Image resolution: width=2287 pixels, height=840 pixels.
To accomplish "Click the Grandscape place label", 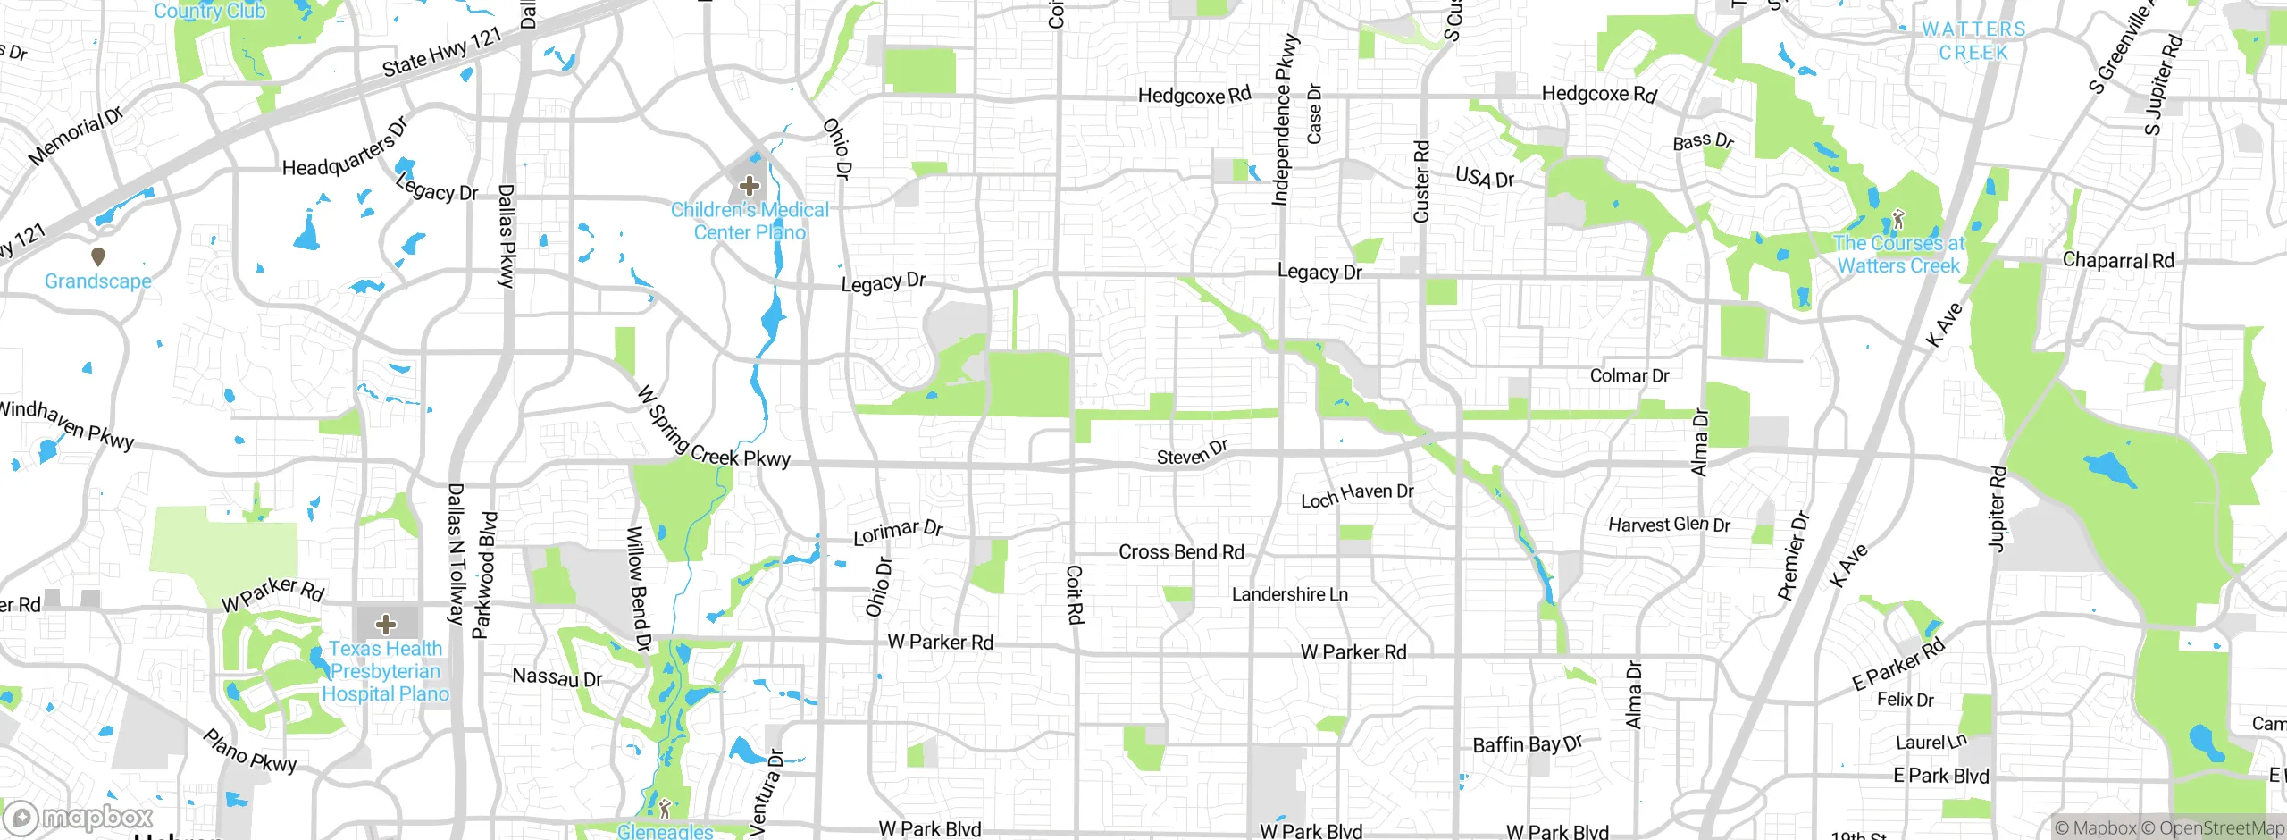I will tap(98, 281).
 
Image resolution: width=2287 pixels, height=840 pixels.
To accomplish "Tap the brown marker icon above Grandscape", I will tap(98, 257).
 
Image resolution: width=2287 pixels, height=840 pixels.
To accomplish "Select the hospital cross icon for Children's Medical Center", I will tap(749, 186).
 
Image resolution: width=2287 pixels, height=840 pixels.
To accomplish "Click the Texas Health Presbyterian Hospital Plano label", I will tap(385, 671).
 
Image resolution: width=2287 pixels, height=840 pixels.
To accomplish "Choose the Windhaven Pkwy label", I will tap(67, 424).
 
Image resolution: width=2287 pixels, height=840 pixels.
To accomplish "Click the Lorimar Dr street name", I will tap(898, 532).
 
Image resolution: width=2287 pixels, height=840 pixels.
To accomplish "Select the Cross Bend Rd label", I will tap(1181, 552).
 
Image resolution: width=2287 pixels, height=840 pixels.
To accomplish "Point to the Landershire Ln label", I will tap(1289, 594).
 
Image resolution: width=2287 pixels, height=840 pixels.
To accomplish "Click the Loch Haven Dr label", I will tap(1357, 495).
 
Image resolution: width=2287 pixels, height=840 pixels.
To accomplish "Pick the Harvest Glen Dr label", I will tap(1669, 525).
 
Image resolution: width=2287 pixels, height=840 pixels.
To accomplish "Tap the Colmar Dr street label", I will tap(1629, 376).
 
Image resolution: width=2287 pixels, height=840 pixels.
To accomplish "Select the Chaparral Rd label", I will tap(2118, 261).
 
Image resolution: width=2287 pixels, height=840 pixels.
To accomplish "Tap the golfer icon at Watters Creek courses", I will tap(1898, 219).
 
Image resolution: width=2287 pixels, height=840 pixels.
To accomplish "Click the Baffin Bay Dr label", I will tap(1527, 744).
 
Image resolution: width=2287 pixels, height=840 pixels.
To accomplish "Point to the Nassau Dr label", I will tap(557, 677).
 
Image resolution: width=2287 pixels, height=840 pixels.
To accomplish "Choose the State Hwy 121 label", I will tap(443, 53).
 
